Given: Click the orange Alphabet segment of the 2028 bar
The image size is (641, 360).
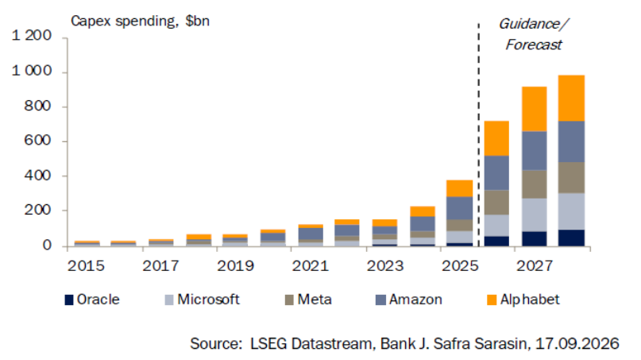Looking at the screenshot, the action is point(571,99).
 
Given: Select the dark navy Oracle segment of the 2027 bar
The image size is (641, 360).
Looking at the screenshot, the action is point(535,239).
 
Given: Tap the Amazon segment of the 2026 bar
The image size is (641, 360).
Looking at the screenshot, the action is point(496,173).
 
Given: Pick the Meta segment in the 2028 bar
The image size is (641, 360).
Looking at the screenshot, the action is point(571,177).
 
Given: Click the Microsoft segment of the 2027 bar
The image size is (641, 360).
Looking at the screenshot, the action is point(535,215).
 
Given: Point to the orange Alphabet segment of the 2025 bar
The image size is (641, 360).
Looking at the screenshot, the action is point(459,188).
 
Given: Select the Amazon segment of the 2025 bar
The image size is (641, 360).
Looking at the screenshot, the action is point(459,208).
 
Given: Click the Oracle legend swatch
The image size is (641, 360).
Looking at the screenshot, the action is point(68,300).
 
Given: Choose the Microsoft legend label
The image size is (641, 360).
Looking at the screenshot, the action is point(208,300).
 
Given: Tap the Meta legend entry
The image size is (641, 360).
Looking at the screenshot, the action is point(308,300).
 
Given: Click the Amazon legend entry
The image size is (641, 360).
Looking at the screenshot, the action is point(409,300).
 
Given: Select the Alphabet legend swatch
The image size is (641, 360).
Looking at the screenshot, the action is point(492,300).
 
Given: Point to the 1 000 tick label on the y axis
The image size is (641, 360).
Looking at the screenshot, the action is point(32,71).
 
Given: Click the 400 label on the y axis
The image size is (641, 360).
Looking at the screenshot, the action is point(38,176).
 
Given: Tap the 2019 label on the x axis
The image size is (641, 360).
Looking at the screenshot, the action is point(235,266).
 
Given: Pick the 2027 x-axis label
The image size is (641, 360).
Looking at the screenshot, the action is point(535,266).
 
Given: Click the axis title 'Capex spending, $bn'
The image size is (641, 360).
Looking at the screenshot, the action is point(141,21).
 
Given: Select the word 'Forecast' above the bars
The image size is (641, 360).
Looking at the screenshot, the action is point(534,45).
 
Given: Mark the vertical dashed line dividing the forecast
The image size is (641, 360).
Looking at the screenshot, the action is point(479,135).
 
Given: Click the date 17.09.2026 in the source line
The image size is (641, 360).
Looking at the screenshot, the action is point(577,343).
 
